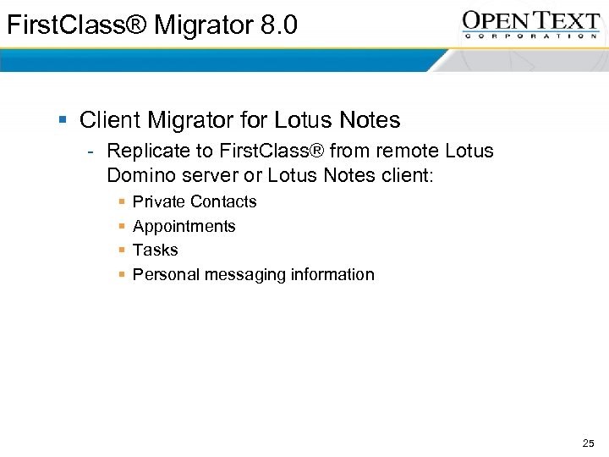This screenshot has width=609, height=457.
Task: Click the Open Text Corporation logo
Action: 530,23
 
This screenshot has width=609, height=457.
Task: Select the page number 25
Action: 589,443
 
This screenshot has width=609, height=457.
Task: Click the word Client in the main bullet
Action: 110,120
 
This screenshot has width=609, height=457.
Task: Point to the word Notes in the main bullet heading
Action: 368,120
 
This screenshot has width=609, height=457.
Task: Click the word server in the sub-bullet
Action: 211,177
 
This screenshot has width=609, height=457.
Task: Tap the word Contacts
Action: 224,201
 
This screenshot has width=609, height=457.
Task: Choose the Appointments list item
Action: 184,226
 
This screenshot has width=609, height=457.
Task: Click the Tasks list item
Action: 156,250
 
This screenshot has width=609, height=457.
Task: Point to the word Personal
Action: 166,274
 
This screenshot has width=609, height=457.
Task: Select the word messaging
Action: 245,275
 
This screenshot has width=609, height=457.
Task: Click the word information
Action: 332,274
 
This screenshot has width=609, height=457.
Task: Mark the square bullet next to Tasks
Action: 123,251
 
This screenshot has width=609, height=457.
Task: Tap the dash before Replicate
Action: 90,152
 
